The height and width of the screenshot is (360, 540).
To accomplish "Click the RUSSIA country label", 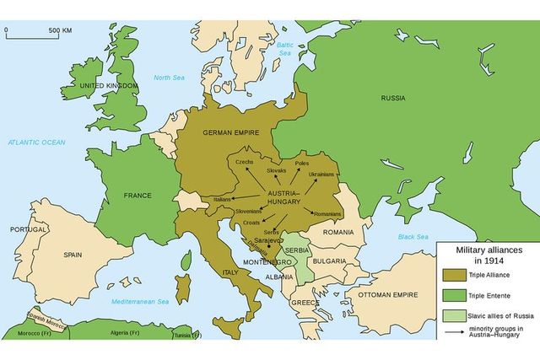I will (393, 97).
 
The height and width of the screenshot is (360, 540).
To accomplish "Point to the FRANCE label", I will (138, 196).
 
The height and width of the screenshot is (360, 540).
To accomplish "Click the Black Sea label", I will (413, 236).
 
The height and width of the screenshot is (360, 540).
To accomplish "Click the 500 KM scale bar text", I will (60, 30).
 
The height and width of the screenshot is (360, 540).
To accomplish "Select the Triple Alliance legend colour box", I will (452, 275).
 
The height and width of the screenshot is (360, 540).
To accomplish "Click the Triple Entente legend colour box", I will (452, 295).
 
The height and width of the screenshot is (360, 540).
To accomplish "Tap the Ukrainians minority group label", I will (321, 175).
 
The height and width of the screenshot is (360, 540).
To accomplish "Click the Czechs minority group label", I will (245, 161).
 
